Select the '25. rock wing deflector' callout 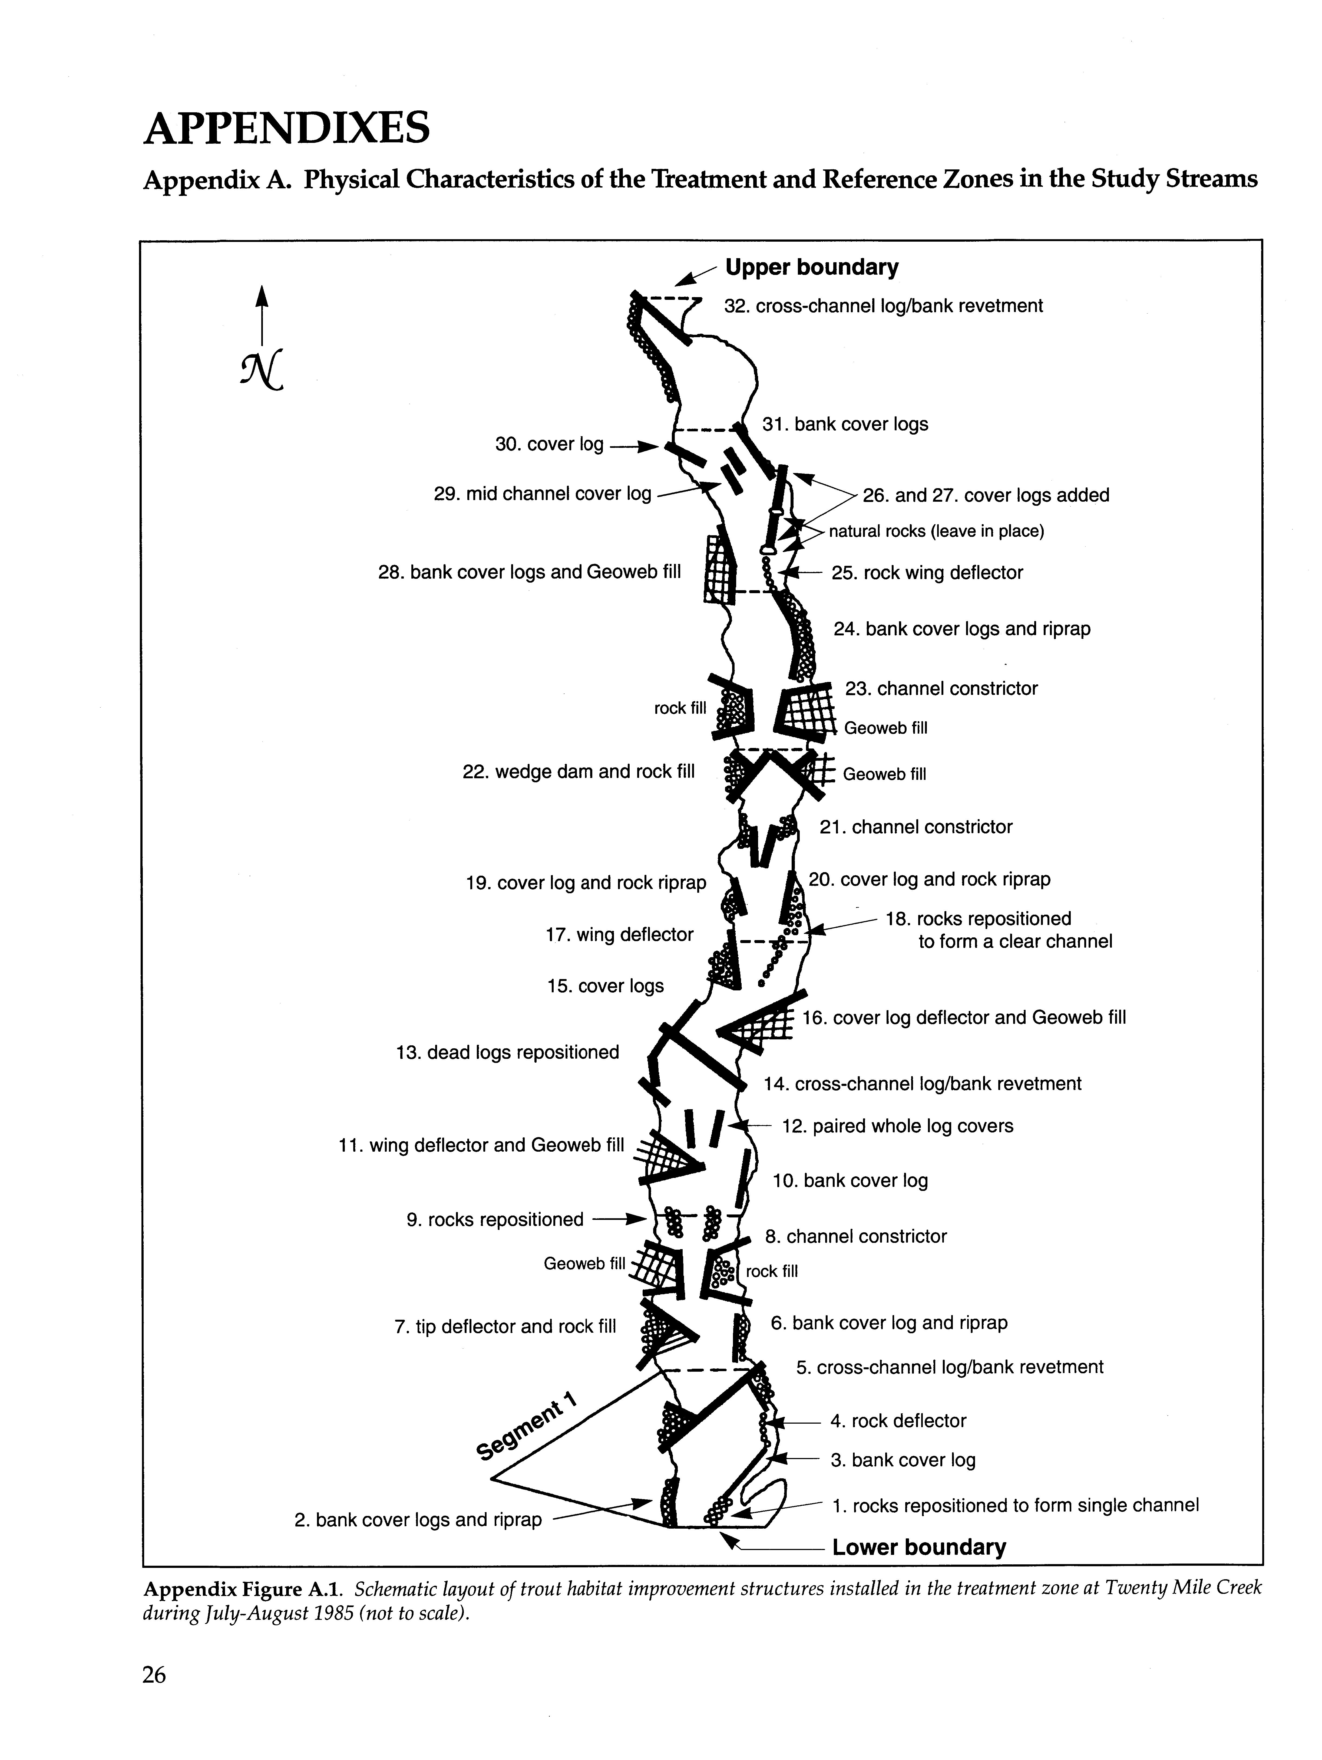pyautogui.click(x=927, y=573)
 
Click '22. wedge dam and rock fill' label pyautogui.click(x=578, y=772)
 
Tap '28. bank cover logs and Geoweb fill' pyautogui.click(x=529, y=573)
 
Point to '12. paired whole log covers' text pyautogui.click(x=897, y=1126)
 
